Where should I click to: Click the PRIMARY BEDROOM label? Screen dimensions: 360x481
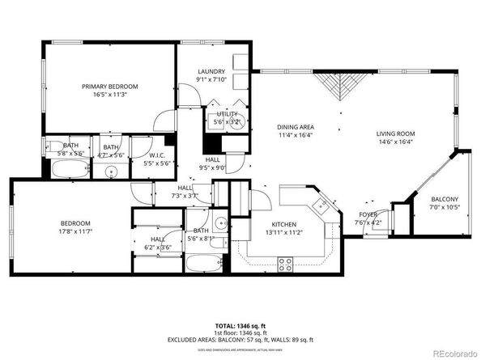(x=109, y=86)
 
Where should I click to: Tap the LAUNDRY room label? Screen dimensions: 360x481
(x=211, y=71)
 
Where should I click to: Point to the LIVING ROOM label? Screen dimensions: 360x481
(x=395, y=133)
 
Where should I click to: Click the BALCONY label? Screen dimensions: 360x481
(x=444, y=199)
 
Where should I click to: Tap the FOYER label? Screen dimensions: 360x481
(x=368, y=214)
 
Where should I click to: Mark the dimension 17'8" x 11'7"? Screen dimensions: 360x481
(x=74, y=232)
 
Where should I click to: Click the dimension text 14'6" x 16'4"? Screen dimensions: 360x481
(x=395, y=142)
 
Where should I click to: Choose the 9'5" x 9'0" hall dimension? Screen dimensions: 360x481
(x=213, y=168)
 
